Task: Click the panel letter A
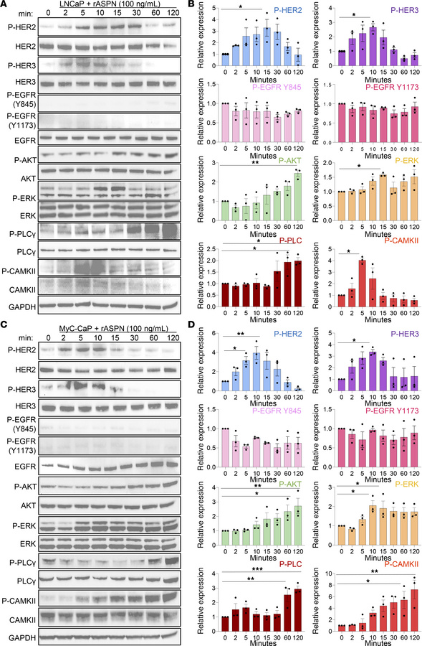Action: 5,5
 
